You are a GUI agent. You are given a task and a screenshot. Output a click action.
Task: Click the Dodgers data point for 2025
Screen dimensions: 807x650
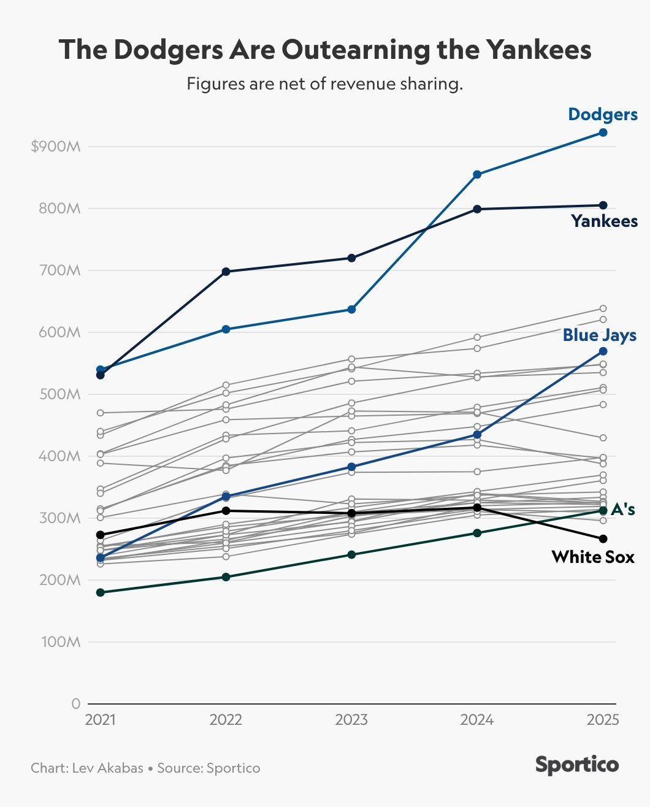click(603, 132)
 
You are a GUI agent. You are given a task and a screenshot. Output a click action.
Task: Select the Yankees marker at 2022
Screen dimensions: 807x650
click(226, 272)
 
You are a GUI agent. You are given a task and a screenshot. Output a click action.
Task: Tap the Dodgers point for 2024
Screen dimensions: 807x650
click(477, 175)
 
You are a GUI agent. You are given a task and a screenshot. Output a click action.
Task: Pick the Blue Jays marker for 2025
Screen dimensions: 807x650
click(603, 351)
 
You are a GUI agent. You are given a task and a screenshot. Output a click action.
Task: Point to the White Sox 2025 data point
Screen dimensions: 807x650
click(603, 539)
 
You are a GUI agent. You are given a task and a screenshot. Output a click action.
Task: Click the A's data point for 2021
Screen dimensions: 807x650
click(101, 592)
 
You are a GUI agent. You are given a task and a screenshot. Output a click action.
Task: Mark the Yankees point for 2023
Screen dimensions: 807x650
click(351, 258)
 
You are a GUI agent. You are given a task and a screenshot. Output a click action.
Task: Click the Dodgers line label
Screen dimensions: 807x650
click(603, 115)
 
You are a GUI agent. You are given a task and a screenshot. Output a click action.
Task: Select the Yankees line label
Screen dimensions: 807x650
click(604, 221)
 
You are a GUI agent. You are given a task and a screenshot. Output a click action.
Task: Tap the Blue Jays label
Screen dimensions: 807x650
click(599, 335)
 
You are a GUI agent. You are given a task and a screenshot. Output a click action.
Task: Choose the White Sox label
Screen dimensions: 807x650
click(592, 557)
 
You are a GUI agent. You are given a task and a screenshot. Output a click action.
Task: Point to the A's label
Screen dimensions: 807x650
click(622, 510)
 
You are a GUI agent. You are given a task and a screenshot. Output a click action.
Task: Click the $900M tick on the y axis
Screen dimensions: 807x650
click(56, 147)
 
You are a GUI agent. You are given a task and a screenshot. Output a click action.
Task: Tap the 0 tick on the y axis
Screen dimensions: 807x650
click(75, 704)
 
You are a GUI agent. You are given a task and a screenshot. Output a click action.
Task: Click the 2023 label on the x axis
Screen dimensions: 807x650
click(351, 720)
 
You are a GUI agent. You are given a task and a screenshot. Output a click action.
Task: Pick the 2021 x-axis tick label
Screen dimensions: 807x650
click(101, 720)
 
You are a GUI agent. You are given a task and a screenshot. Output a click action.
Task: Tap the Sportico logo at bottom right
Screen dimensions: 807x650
click(576, 765)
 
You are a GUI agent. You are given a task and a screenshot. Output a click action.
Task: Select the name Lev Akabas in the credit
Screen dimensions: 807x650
click(108, 768)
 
